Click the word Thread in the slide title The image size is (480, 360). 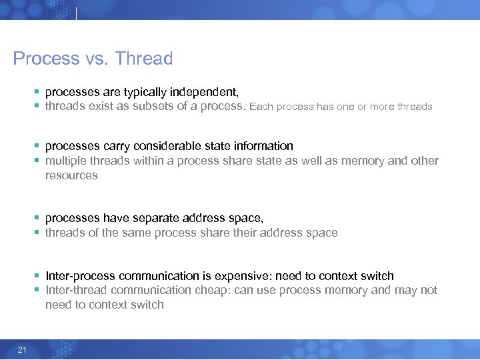click(x=143, y=59)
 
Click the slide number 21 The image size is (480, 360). click(x=22, y=350)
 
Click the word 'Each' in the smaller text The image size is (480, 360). click(x=261, y=107)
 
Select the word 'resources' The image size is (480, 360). click(x=71, y=175)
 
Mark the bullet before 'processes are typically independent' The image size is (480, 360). click(x=38, y=92)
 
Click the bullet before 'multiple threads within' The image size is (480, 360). click(x=38, y=161)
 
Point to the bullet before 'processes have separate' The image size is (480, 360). click(x=38, y=219)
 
